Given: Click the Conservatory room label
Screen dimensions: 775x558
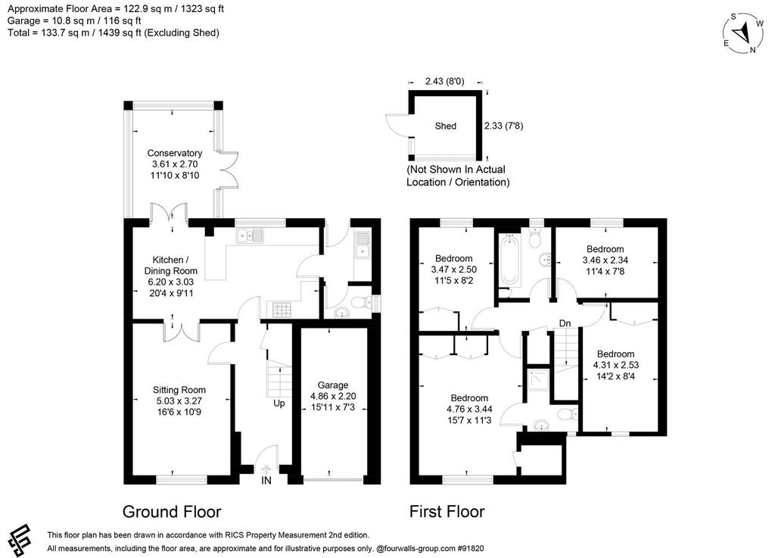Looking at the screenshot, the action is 175,153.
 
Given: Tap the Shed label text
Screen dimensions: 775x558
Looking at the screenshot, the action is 445,126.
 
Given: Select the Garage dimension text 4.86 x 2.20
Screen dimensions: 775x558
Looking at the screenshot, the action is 333,396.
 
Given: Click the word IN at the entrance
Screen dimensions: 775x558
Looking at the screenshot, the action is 266,481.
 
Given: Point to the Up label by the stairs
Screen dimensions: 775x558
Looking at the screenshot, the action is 279,404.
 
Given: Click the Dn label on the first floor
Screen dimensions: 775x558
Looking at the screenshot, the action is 565,323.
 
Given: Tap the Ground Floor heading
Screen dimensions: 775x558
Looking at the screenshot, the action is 172,512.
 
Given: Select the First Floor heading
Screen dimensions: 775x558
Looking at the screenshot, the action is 447,512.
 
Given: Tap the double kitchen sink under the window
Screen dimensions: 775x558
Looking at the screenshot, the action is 250,235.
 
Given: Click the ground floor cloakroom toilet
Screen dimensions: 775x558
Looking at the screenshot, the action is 363,302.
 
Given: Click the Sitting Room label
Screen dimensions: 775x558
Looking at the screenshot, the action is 179,390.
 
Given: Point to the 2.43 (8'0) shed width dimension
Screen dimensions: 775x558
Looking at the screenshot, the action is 445,81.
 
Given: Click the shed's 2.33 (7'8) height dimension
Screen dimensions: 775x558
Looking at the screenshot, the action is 503,126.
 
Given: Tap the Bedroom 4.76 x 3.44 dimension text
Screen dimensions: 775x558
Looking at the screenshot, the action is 469,410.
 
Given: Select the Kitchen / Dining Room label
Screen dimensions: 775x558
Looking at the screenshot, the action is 170,266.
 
